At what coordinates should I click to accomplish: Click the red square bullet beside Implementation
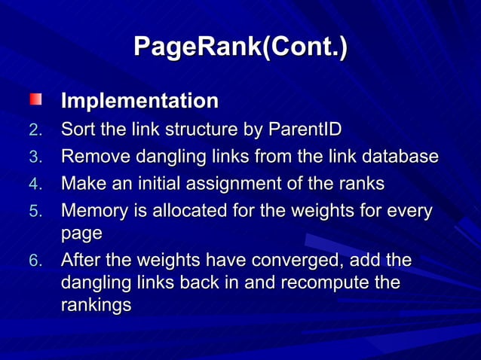click(x=36, y=99)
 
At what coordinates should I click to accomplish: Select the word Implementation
click(x=139, y=101)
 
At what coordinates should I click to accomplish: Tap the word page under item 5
click(x=81, y=234)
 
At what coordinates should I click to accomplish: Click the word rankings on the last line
click(x=96, y=307)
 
